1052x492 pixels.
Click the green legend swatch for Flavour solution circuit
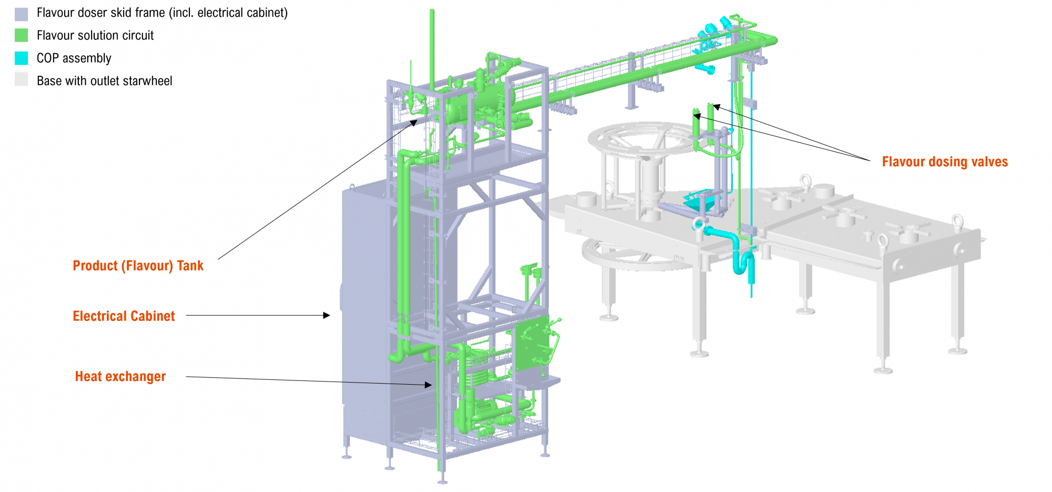pyautogui.click(x=21, y=35)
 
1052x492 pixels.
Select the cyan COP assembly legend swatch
pyautogui.click(x=21, y=58)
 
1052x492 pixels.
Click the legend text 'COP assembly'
pyautogui.click(x=74, y=58)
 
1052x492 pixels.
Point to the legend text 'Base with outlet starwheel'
pyautogui.click(x=104, y=81)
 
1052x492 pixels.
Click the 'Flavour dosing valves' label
pyautogui.click(x=945, y=162)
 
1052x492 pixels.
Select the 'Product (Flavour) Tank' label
pyautogui.click(x=138, y=266)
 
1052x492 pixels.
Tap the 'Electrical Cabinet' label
pyautogui.click(x=124, y=316)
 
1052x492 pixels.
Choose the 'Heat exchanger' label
pyautogui.click(x=120, y=376)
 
